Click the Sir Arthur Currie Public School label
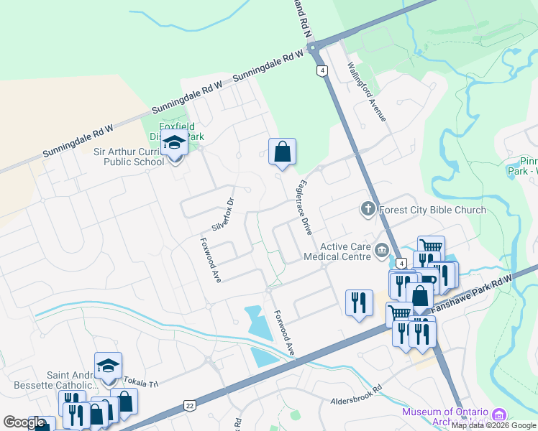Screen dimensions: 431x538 pos(130,157)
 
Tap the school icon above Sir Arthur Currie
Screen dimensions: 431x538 pos(174,144)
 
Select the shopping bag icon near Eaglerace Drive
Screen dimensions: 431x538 pos(282,152)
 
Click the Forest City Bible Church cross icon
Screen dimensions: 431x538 pos(367,210)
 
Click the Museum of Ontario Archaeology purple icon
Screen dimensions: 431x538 pos(498,415)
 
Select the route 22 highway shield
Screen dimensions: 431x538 pos(190,406)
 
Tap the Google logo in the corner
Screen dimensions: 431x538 pos(24,422)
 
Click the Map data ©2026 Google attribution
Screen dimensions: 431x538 pos(493,425)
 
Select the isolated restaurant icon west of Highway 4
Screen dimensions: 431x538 pos(358,302)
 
